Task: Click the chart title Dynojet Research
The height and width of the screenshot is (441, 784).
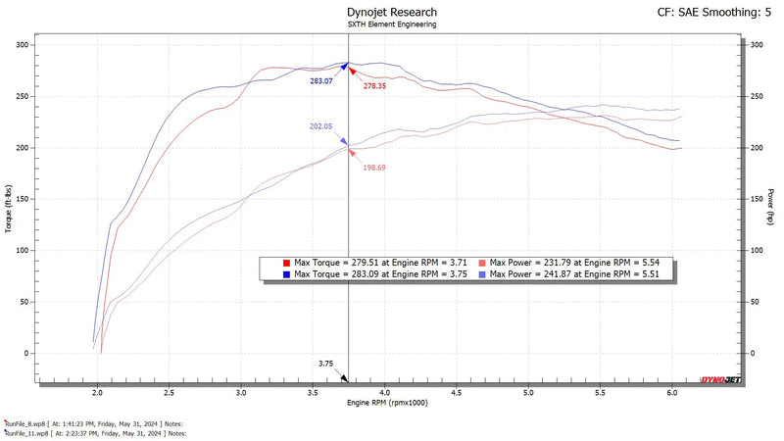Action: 392,13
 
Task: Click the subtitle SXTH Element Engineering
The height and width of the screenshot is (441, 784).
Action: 392,25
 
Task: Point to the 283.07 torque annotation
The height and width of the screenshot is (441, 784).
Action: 321,80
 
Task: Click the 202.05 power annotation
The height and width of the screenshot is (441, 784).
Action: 321,126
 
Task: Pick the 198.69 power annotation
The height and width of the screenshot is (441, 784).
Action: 376,168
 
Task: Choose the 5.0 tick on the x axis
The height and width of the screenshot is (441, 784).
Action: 528,391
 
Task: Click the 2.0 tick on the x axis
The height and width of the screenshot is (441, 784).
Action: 98,391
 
